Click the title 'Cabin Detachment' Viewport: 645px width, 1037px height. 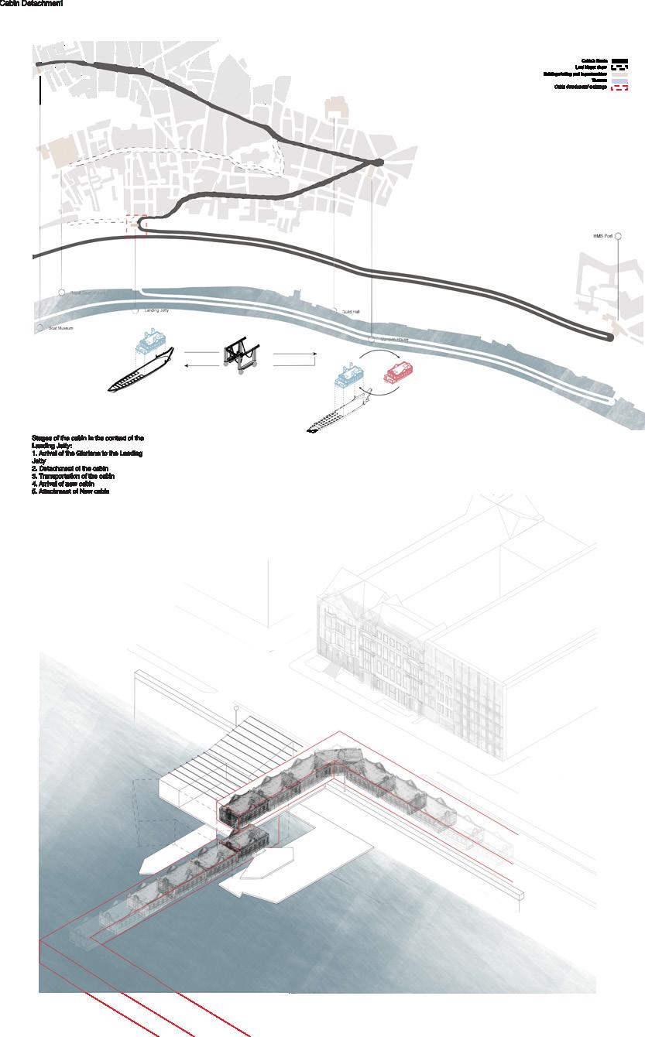tap(31, 4)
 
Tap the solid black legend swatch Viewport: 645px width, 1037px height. tap(619, 60)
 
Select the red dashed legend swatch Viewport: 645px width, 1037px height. tap(619, 87)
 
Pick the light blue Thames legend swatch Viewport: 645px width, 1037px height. tap(619, 80)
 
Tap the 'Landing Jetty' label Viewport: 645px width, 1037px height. tap(157, 310)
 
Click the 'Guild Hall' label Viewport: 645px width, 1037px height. tap(352, 311)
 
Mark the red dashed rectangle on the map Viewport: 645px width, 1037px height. tap(136, 224)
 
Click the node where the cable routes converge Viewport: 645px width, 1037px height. tap(378, 162)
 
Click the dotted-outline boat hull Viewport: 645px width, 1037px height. tap(341, 414)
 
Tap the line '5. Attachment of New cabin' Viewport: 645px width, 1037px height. tap(70, 491)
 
